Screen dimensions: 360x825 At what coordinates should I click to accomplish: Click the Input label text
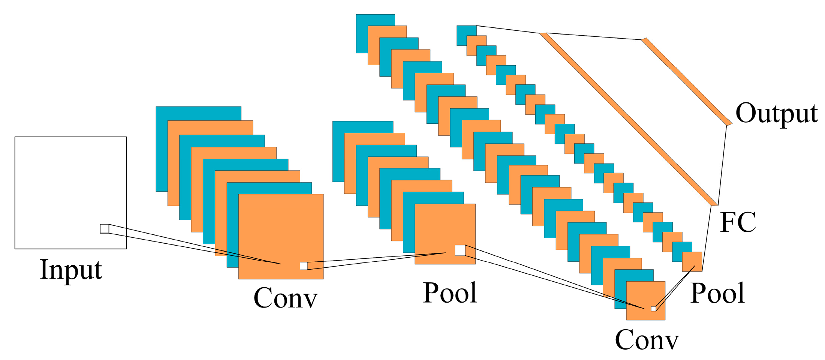tap(71, 270)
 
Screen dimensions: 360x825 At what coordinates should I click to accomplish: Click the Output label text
tap(776, 113)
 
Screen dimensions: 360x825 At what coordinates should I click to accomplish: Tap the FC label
tap(738, 222)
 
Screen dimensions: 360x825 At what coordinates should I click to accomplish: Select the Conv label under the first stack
tap(285, 298)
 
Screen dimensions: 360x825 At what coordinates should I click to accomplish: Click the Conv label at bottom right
tap(647, 340)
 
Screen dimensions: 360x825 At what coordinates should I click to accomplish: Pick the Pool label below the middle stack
tap(450, 293)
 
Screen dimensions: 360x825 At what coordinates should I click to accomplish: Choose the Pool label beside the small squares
tap(717, 293)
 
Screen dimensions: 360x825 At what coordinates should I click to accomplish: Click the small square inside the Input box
tap(105, 229)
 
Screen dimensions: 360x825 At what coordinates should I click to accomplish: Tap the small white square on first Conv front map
tap(304, 266)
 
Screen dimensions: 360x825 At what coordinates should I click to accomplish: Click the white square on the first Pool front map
tap(460, 250)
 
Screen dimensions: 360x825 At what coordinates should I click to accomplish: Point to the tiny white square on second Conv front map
tap(653, 309)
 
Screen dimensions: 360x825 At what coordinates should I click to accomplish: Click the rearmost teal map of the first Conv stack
tap(199, 113)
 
